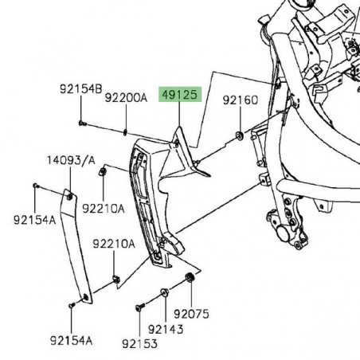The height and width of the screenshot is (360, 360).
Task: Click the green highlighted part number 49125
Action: pyautogui.click(x=181, y=95)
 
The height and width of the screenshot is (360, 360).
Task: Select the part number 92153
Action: pyautogui.click(x=140, y=343)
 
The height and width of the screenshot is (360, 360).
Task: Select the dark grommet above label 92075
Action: pyautogui.click(x=190, y=277)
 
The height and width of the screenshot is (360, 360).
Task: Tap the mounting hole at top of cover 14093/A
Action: pyautogui.click(x=70, y=195)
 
